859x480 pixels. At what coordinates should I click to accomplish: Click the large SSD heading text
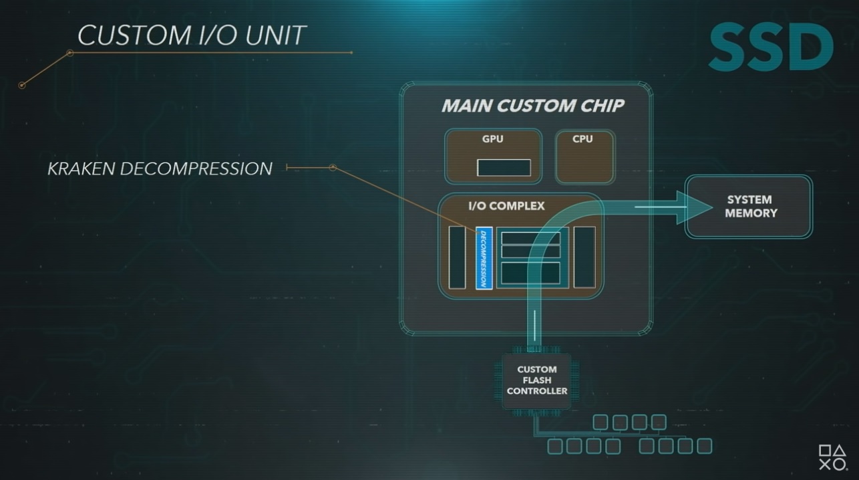(x=771, y=46)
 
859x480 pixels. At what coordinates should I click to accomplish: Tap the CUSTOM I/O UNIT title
(x=192, y=35)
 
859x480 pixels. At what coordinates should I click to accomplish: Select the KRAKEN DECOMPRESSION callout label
(x=160, y=168)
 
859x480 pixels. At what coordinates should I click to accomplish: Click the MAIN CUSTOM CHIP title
(x=532, y=106)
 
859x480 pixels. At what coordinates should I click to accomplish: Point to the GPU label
(x=493, y=139)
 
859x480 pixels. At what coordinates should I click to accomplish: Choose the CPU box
(x=585, y=156)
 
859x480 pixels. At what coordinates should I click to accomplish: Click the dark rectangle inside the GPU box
(x=504, y=168)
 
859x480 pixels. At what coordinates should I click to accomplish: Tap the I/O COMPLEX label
(x=506, y=206)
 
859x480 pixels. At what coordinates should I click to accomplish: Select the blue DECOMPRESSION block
(x=484, y=258)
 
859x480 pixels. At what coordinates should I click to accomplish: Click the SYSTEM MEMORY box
(x=749, y=207)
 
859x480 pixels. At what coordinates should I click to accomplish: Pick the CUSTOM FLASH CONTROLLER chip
(x=536, y=380)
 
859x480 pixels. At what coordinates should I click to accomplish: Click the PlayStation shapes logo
(x=833, y=457)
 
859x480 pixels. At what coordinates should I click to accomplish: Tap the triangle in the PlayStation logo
(x=840, y=451)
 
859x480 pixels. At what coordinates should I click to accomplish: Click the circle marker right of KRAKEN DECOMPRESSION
(x=333, y=168)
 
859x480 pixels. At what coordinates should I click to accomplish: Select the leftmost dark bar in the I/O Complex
(x=457, y=257)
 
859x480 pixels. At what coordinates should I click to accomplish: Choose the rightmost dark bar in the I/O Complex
(x=584, y=257)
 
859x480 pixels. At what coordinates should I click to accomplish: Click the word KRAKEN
(x=81, y=168)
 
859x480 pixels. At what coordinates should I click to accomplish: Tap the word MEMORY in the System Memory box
(x=751, y=213)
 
